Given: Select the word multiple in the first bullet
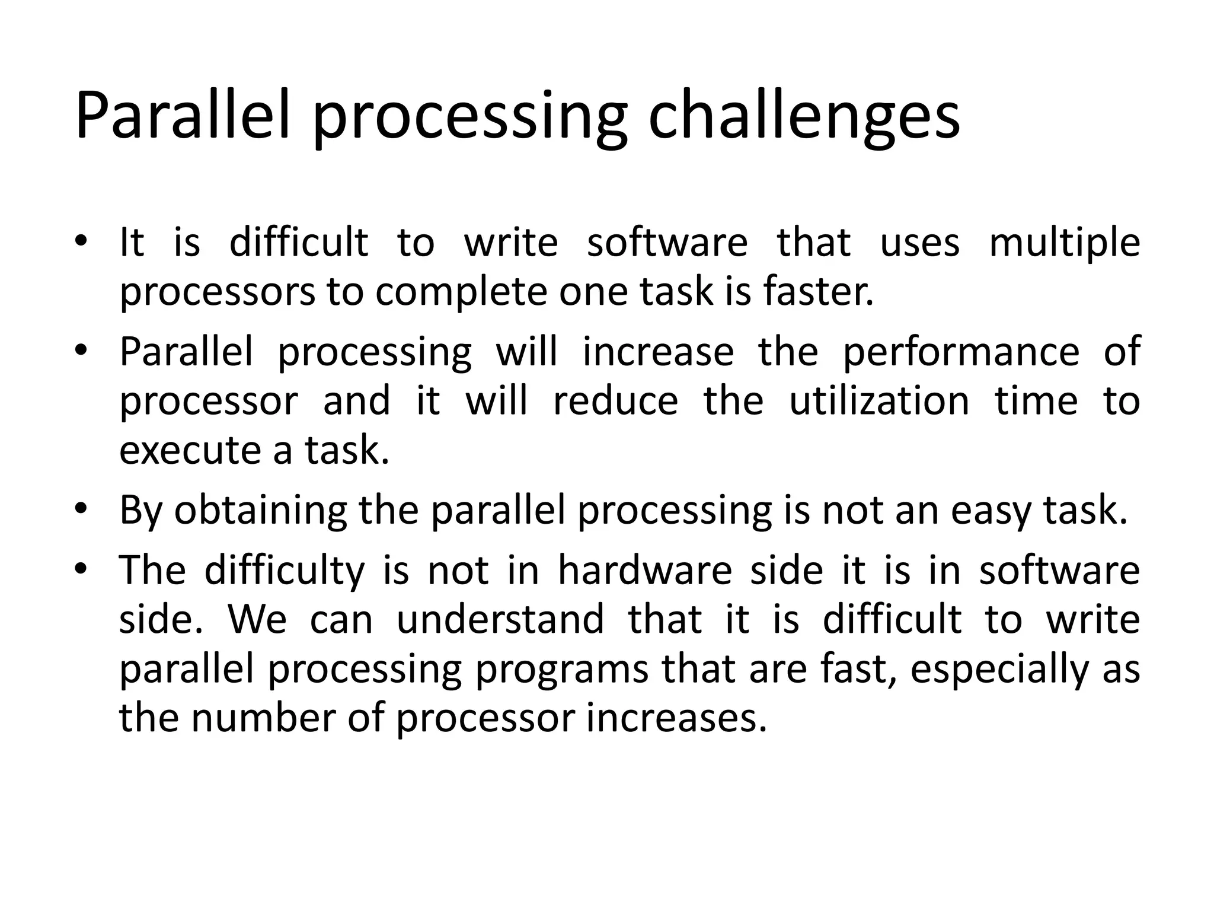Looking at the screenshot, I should (1065, 243).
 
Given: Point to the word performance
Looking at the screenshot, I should (961, 352).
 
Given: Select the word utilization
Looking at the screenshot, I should (879, 401).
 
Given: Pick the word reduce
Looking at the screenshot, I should (615, 401).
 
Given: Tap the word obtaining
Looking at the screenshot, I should (260, 511).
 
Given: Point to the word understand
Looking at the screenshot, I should (500, 620).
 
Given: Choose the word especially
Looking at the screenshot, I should (999, 670).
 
